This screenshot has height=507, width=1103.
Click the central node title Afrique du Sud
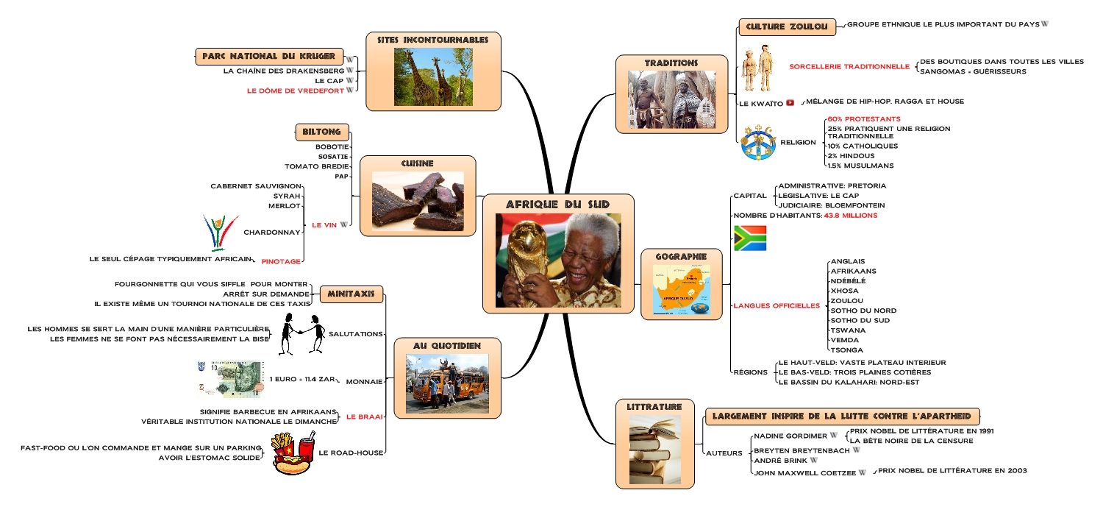pos(557,204)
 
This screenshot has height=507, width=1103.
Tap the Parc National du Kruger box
pos(269,56)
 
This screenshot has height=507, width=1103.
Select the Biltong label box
pos(321,132)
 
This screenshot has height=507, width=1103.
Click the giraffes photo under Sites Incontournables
pos(433,77)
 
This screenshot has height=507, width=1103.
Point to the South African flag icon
pos(749,238)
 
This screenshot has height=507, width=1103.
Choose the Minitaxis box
pos(351,294)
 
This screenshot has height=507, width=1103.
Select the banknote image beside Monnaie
pos(229,379)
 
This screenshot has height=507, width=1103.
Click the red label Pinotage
pos(281,261)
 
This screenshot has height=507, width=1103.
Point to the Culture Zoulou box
pos(787,27)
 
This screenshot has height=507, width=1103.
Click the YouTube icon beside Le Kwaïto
pos(790,104)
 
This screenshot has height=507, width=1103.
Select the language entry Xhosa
pos(843,291)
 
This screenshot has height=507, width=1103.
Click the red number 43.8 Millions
pos(850,216)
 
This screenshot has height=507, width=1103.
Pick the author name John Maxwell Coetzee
pos(804,472)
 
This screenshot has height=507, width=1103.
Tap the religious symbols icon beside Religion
pos(758,142)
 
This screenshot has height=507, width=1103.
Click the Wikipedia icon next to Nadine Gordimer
pos(834,436)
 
